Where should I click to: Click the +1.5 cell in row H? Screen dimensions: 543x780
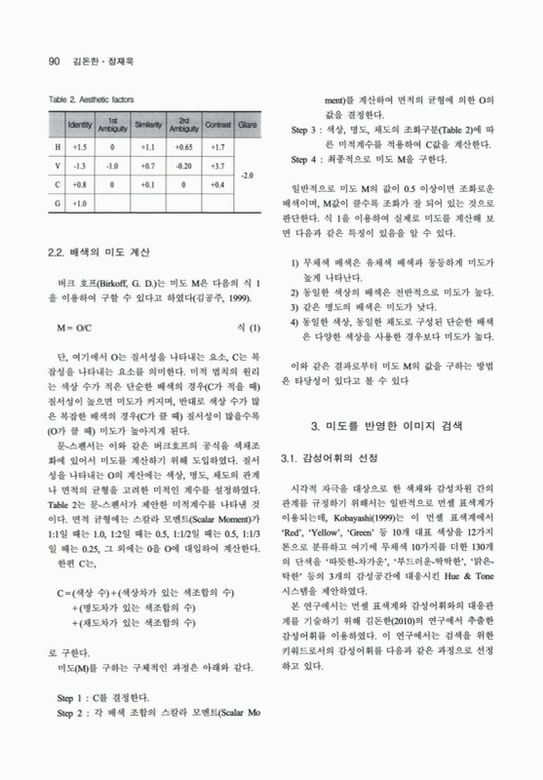click(80, 146)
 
